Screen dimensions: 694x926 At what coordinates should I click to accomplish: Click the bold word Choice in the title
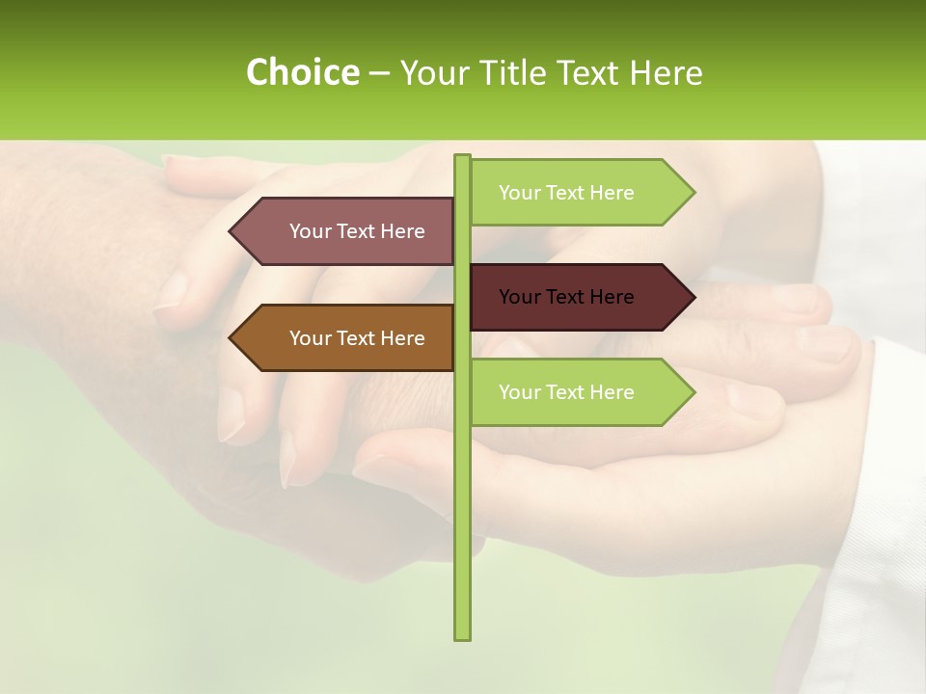(302, 72)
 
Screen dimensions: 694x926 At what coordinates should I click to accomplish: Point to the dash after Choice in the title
(379, 74)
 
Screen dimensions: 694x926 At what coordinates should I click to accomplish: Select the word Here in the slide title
(666, 72)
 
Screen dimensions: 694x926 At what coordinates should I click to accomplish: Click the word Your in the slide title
(435, 72)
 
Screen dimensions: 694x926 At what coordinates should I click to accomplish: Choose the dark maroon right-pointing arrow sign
(579, 297)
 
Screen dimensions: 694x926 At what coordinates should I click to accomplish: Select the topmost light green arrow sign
(579, 193)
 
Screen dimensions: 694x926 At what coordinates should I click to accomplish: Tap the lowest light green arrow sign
(579, 392)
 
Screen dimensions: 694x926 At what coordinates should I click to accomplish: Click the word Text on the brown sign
(357, 338)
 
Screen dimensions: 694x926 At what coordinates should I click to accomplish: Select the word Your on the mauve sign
(310, 231)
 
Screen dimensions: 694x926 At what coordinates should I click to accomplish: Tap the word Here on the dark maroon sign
(612, 297)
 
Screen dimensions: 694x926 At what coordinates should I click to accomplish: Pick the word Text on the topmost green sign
(566, 193)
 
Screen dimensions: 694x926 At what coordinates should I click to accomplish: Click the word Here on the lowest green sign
(612, 392)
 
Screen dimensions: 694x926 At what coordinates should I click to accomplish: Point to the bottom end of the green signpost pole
(462, 636)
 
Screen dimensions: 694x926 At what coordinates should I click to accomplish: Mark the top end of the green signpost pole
(462, 158)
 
